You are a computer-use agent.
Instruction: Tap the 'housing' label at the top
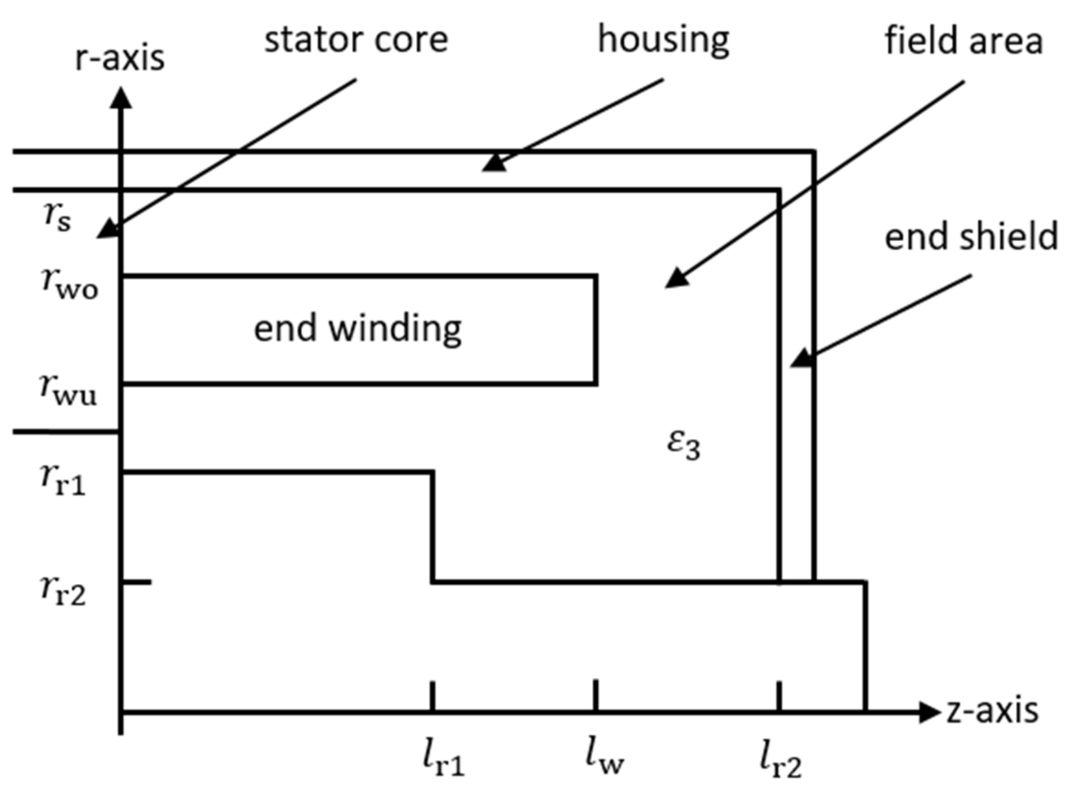coord(663,40)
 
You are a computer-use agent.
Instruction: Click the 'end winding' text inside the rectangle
coord(358,329)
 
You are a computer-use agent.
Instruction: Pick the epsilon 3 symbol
coord(684,444)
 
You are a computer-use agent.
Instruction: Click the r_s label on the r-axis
coord(57,218)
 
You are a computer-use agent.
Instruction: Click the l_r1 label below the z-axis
coord(443,759)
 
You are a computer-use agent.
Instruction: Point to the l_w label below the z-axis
coord(604,758)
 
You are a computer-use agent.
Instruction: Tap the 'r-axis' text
coord(120,58)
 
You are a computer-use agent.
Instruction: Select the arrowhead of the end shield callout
coord(802,358)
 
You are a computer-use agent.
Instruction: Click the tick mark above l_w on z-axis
coord(596,695)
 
